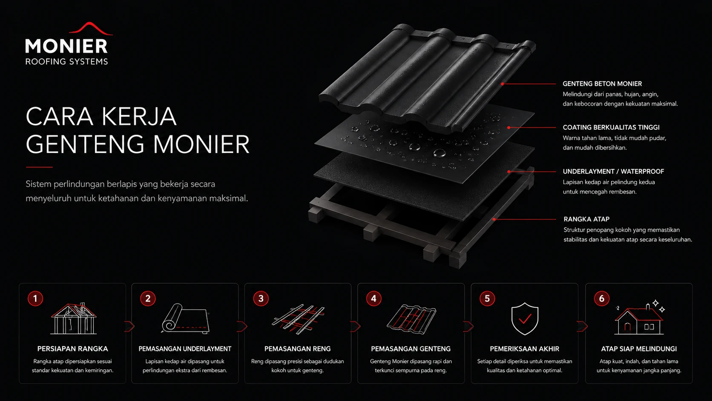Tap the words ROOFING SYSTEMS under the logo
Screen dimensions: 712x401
[67, 61]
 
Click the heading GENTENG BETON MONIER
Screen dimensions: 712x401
[602, 84]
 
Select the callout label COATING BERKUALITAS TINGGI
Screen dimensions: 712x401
[611, 127]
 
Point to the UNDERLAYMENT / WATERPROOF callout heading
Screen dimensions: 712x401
[614, 171]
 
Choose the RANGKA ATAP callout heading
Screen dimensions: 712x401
[586, 219]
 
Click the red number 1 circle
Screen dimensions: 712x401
[35, 298]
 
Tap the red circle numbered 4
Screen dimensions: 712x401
[374, 298]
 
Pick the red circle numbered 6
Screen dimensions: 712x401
[602, 298]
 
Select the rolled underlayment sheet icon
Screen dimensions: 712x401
[185, 319]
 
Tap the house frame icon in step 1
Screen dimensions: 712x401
[73, 319]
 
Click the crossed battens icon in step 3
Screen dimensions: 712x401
[298, 319]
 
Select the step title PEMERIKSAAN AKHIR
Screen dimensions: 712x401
[525, 349]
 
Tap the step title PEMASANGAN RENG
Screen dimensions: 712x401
[298, 349]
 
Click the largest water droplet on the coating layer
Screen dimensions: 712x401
[439, 153]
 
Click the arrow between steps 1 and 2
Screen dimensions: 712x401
[129, 326]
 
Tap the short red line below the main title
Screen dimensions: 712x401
[39, 167]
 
